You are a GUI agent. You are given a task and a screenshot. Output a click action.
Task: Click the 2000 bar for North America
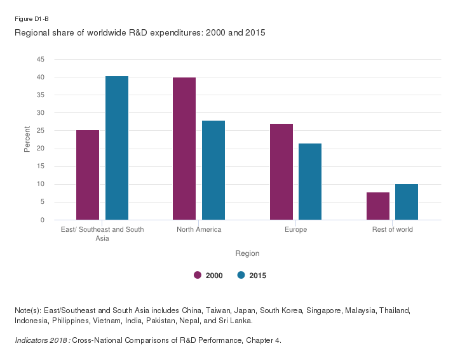[184, 149]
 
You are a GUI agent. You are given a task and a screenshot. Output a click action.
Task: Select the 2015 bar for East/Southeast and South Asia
[117, 148]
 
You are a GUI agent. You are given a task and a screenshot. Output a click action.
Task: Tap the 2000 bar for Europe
[281, 171]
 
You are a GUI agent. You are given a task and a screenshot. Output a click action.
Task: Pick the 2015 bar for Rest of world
[407, 202]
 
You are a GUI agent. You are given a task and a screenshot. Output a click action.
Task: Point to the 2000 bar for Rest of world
[378, 206]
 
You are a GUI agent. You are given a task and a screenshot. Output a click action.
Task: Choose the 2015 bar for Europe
[310, 182]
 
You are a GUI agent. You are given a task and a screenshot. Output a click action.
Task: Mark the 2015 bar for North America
[213, 170]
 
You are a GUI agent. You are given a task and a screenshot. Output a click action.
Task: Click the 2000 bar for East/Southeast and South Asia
[88, 175]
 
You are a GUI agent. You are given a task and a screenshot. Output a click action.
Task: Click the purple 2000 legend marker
[198, 275]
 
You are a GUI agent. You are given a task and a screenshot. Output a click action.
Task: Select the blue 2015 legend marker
[241, 275]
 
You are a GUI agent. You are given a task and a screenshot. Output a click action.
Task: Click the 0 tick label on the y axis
[43, 220]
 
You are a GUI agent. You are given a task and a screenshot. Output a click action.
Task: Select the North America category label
[199, 229]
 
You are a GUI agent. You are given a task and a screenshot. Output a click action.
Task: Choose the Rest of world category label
[392, 229]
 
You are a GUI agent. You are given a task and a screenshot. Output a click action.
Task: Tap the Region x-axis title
[247, 253]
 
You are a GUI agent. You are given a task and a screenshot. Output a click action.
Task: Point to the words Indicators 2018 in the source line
[41, 340]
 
